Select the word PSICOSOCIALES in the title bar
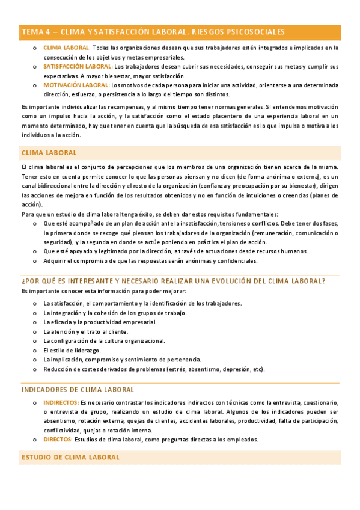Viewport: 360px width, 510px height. tap(255, 32)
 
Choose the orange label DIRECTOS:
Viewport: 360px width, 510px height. tap(58, 440)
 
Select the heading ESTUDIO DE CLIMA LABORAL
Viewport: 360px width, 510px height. tap(70, 457)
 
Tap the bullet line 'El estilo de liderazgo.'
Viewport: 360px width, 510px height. tap(72, 350)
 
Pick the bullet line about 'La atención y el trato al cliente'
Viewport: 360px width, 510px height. tap(85, 331)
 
